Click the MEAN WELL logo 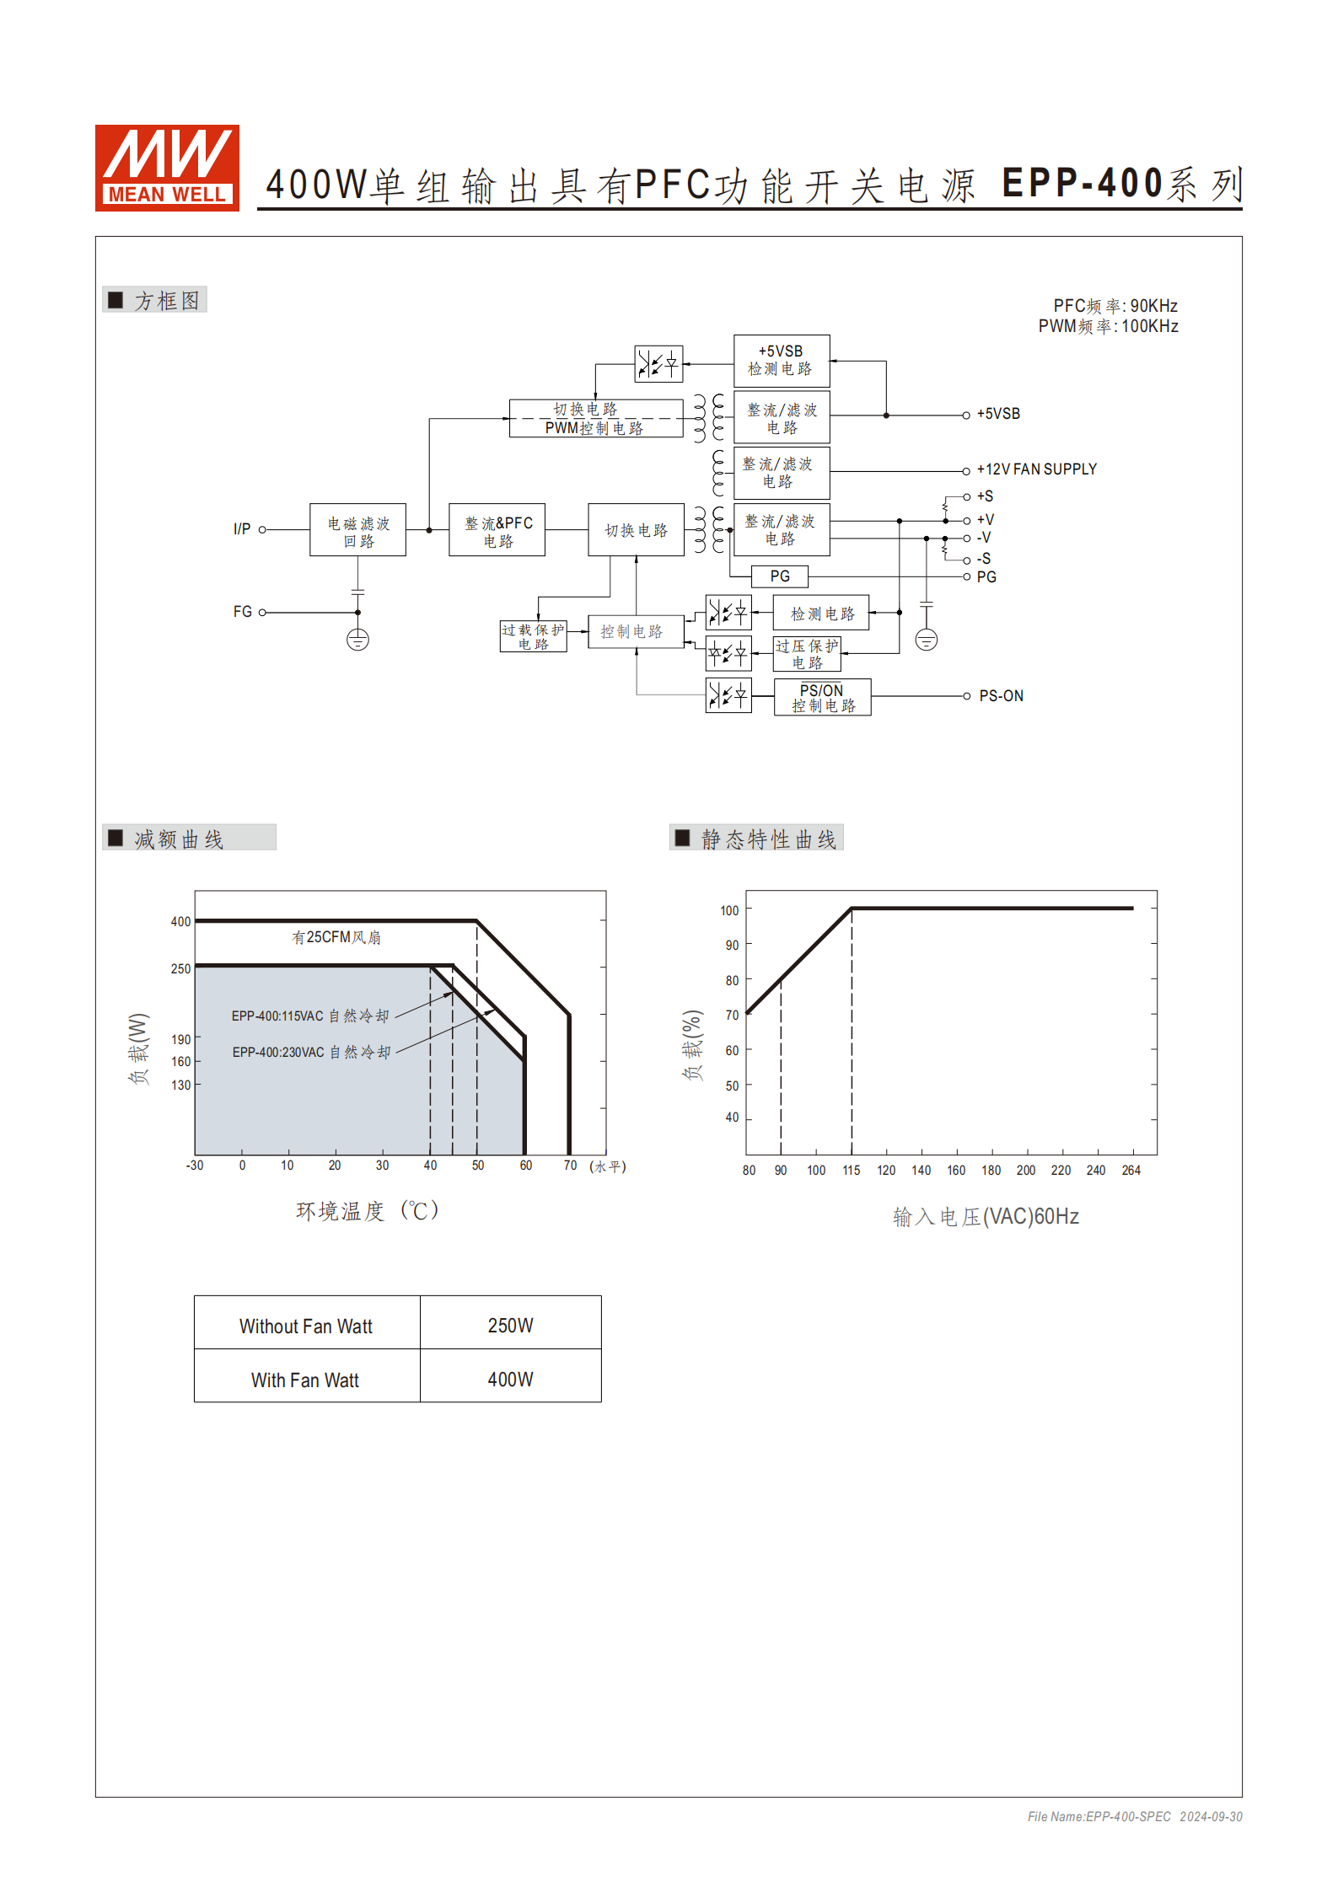pyautogui.click(x=167, y=168)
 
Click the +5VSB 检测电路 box pyautogui.click(x=782, y=361)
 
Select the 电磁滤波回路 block pyautogui.click(x=357, y=530)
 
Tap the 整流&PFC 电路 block pyautogui.click(x=497, y=530)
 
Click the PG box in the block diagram pyautogui.click(x=780, y=576)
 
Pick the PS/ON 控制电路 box pyautogui.click(x=822, y=698)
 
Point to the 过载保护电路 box pyautogui.click(x=533, y=636)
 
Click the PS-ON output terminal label pyautogui.click(x=1001, y=696)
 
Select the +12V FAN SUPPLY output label pyautogui.click(x=1036, y=469)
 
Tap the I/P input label pyautogui.click(x=242, y=529)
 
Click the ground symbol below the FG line pyautogui.click(x=357, y=640)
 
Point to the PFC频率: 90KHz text pyautogui.click(x=1115, y=306)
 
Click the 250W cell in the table pyautogui.click(x=510, y=1326)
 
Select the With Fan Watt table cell pyautogui.click(x=305, y=1380)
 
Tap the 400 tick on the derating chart pyautogui.click(x=180, y=922)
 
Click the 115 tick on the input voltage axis pyautogui.click(x=852, y=1171)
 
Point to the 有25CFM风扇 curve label pyautogui.click(x=336, y=937)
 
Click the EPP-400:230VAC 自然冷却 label pyautogui.click(x=311, y=1053)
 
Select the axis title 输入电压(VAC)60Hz pyautogui.click(x=986, y=1217)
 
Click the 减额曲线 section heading pyautogui.click(x=179, y=839)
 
